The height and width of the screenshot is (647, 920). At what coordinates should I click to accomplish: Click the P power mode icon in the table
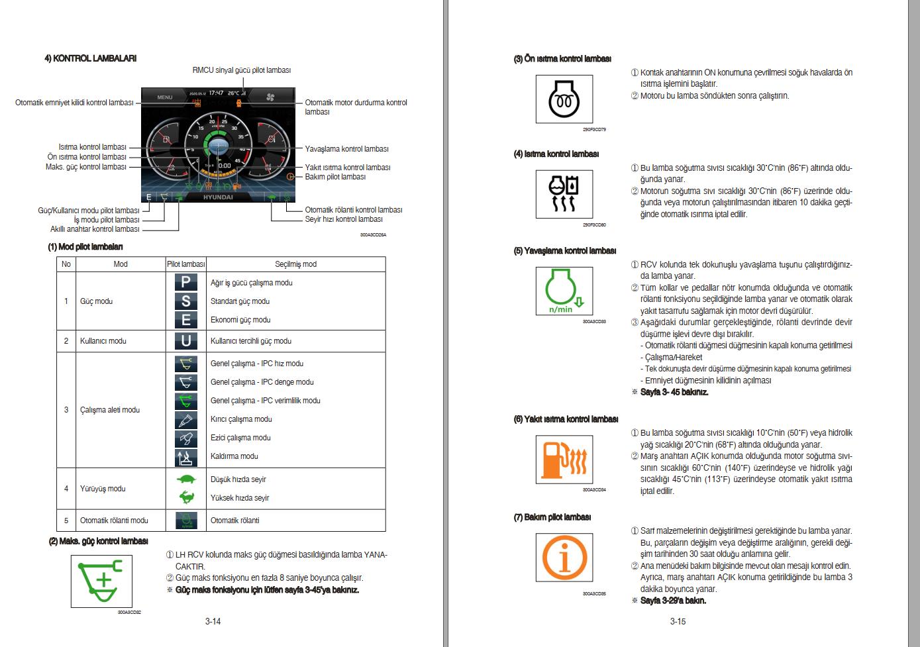[x=186, y=283]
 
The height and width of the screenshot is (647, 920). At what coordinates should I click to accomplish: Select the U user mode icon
[x=186, y=341]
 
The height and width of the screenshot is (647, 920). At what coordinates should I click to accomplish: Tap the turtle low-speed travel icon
[x=186, y=479]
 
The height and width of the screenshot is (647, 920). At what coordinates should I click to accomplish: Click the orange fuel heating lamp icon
[x=564, y=460]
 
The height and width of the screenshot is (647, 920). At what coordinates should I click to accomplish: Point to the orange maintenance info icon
[x=564, y=557]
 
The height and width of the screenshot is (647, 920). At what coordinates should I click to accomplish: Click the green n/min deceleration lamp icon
[x=564, y=291]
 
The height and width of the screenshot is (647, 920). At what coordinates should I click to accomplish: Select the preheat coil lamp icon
[x=564, y=99]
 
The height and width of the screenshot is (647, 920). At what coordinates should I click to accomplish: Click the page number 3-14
[x=213, y=621]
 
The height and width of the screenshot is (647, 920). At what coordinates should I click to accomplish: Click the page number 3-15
[x=678, y=621]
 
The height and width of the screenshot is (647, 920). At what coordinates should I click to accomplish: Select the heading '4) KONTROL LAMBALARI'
[x=90, y=58]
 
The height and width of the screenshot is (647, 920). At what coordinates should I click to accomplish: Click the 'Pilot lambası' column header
[x=186, y=264]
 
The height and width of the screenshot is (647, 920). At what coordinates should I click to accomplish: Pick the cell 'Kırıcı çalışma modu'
[x=241, y=419]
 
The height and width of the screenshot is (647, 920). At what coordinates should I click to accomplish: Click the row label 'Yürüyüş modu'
[x=103, y=489]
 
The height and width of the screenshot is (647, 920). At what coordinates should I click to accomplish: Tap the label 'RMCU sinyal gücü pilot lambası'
[x=241, y=70]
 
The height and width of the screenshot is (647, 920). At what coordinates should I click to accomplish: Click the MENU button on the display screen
[x=165, y=97]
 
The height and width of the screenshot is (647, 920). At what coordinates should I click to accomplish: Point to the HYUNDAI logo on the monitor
[x=218, y=197]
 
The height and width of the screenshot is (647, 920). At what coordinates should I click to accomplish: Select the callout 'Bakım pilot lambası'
[x=335, y=177]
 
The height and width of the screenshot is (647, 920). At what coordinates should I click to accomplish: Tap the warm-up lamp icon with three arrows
[x=564, y=194]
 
